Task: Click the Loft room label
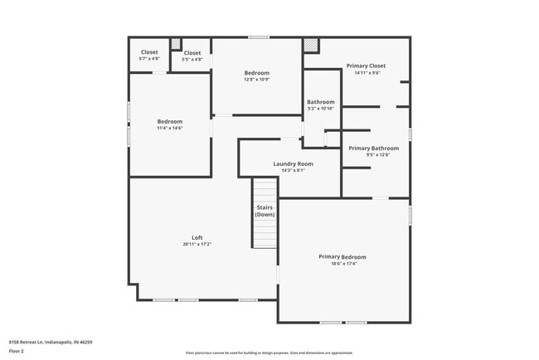(x=197, y=237)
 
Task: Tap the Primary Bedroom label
(x=342, y=257)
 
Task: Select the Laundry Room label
(x=293, y=164)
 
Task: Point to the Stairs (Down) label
(x=265, y=211)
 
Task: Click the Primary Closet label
(x=366, y=66)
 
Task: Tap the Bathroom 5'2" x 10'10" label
(x=320, y=102)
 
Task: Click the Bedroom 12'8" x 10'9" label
(x=256, y=73)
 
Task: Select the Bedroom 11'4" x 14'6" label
(x=169, y=121)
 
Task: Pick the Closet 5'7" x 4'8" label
(x=149, y=52)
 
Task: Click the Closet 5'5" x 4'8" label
(x=192, y=53)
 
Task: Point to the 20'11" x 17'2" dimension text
(x=197, y=245)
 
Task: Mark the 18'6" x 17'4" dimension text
(x=342, y=264)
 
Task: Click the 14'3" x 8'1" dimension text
(x=293, y=170)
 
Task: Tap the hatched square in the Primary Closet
(x=311, y=46)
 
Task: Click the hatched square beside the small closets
(x=175, y=44)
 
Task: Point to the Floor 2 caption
(x=17, y=351)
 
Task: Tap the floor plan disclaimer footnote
(x=269, y=353)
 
